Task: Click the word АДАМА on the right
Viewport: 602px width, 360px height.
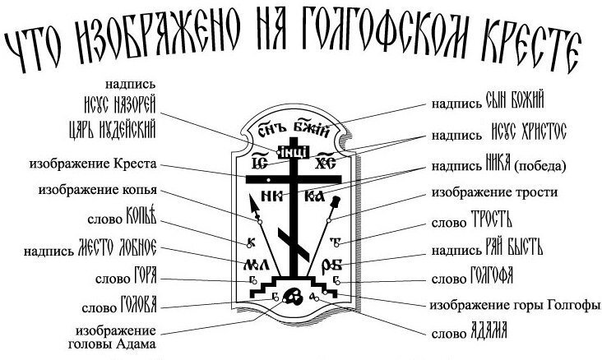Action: (489, 332)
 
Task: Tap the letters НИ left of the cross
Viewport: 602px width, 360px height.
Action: (268, 196)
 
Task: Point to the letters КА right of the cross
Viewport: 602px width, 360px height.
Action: (313, 196)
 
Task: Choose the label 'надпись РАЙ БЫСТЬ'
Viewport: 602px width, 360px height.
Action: (487, 249)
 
